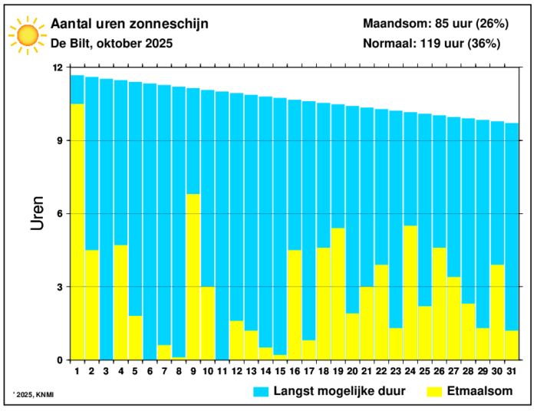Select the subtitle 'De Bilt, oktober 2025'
click(111, 44)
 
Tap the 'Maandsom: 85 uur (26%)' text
click(432, 24)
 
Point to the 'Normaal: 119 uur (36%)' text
click(432, 44)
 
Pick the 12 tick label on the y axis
click(57, 67)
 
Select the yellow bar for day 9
click(193, 277)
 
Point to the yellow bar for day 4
click(120, 302)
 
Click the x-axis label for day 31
click(512, 371)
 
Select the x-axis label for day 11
click(222, 371)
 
